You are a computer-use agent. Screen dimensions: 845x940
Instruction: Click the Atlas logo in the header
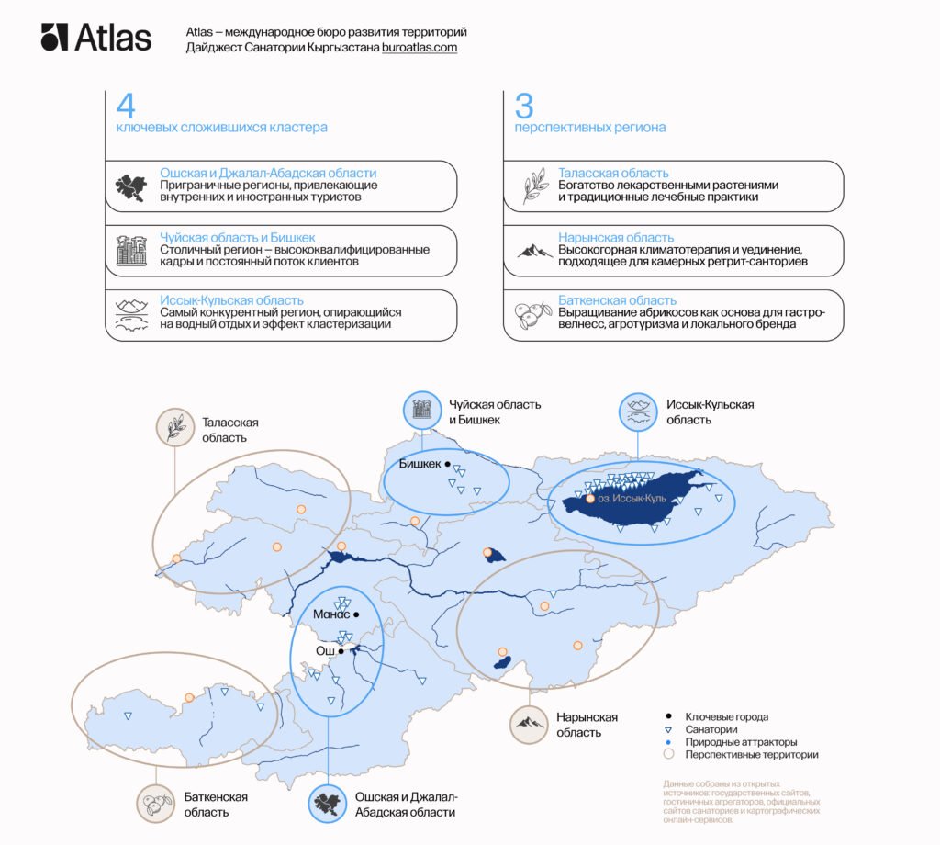coord(95,38)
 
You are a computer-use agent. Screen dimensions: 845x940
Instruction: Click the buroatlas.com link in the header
coord(420,48)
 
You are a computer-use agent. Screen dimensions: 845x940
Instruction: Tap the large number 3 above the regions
coord(523,106)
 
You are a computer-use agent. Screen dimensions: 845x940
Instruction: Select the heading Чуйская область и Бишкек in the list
coord(238,237)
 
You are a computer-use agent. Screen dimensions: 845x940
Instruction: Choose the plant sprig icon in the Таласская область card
coord(534,186)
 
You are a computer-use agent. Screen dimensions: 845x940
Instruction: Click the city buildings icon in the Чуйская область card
coord(131,250)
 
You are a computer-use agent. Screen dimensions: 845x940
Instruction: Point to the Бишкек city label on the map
coord(420,465)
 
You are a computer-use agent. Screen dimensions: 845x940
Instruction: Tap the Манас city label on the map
coord(330,614)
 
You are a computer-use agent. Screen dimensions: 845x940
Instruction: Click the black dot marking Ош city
coord(341,650)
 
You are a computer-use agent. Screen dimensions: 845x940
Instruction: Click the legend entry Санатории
coord(711,729)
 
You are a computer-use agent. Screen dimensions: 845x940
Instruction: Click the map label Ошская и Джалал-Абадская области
coord(406,805)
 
